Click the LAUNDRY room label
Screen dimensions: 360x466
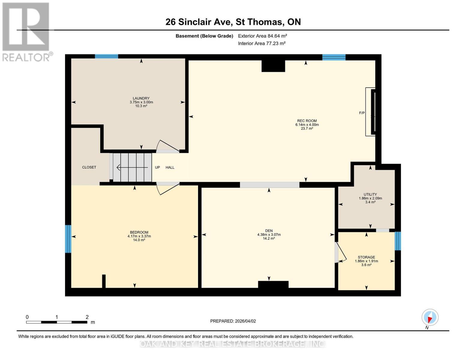(141, 98)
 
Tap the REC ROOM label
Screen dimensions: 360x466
(307, 121)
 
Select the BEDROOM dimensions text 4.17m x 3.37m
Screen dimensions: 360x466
(139, 236)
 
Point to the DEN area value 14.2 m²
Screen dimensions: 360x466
(269, 238)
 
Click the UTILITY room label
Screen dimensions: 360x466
(370, 194)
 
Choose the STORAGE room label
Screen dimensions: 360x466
(366, 257)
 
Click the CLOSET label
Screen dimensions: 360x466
(89, 167)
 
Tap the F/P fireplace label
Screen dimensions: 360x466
(362, 113)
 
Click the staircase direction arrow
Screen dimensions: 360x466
(132, 167)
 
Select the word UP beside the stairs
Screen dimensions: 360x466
(157, 167)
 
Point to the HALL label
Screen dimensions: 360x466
(170, 167)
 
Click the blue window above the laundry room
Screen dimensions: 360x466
(107, 56)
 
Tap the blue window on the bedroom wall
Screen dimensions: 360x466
(68, 239)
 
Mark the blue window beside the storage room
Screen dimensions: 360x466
(398, 241)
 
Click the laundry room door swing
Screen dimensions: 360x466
(168, 146)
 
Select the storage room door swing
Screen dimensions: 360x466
(341, 253)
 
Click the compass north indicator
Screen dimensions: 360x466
(430, 317)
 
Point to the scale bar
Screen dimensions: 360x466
(56, 322)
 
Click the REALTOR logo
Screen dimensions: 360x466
(26, 31)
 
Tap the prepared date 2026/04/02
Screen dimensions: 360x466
(233, 321)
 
